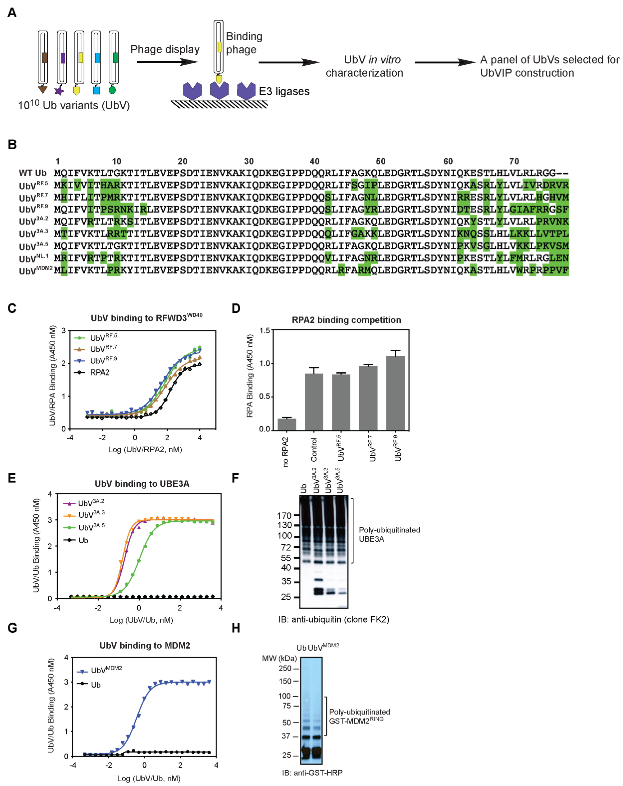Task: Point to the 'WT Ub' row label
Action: pyautogui.click(x=33, y=173)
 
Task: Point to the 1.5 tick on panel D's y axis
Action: pyautogui.click(x=265, y=331)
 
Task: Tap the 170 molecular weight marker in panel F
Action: pyautogui.click(x=284, y=515)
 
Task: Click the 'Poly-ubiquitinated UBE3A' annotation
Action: pyautogui.click(x=389, y=534)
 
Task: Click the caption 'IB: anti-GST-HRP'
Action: pyautogui.click(x=312, y=773)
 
